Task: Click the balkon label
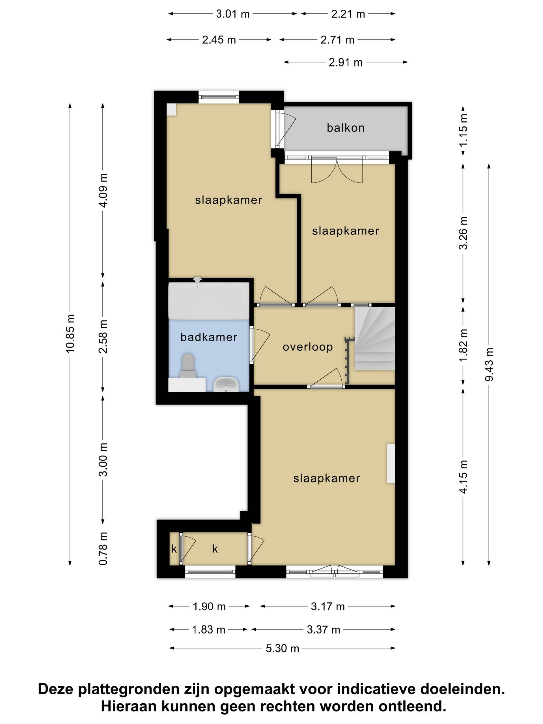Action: tap(346, 128)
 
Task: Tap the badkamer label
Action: tap(209, 337)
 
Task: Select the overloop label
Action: tap(308, 347)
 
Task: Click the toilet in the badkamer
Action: tap(188, 366)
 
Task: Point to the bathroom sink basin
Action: tap(226, 384)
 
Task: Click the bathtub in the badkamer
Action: tap(209, 300)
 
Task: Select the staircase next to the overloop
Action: tap(375, 339)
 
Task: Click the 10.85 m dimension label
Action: tap(70, 334)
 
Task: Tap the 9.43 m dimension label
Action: tap(489, 364)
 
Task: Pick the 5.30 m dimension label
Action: tap(283, 648)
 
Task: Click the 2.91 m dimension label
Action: tap(346, 62)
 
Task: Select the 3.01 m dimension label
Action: tap(233, 14)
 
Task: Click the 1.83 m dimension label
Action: tap(208, 630)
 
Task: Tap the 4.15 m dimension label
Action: tap(463, 477)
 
